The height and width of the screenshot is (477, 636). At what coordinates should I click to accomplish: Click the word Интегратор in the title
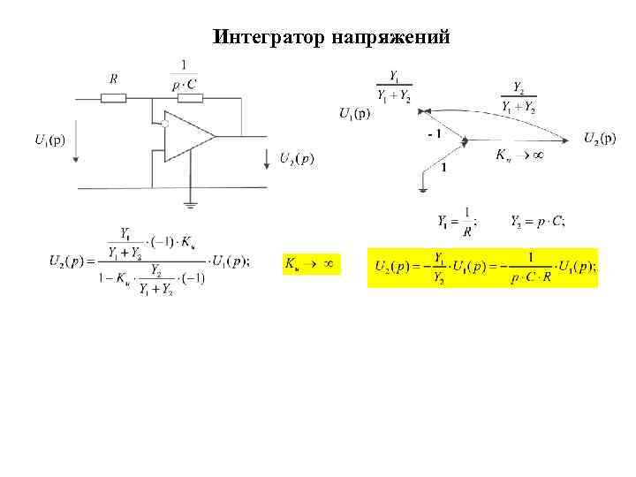pos(270,37)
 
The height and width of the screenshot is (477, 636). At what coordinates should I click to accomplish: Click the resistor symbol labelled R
pos(114,97)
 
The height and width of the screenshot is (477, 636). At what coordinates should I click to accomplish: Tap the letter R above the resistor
pos(113,79)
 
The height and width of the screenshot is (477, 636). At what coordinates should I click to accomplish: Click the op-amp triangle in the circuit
pos(188,137)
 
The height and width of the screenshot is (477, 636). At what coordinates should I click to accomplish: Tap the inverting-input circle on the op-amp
pos(164,125)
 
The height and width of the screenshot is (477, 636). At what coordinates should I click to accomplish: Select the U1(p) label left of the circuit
pos(49,139)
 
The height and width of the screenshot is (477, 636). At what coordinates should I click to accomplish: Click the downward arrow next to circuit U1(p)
pos(78,147)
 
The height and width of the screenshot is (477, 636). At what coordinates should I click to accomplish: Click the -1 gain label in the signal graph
pos(434,132)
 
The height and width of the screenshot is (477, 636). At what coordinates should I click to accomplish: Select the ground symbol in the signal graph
pos(424,186)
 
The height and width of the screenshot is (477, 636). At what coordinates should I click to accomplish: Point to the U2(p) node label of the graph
pos(600,137)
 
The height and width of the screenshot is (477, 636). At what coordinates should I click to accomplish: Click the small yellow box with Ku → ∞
pos(310,262)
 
